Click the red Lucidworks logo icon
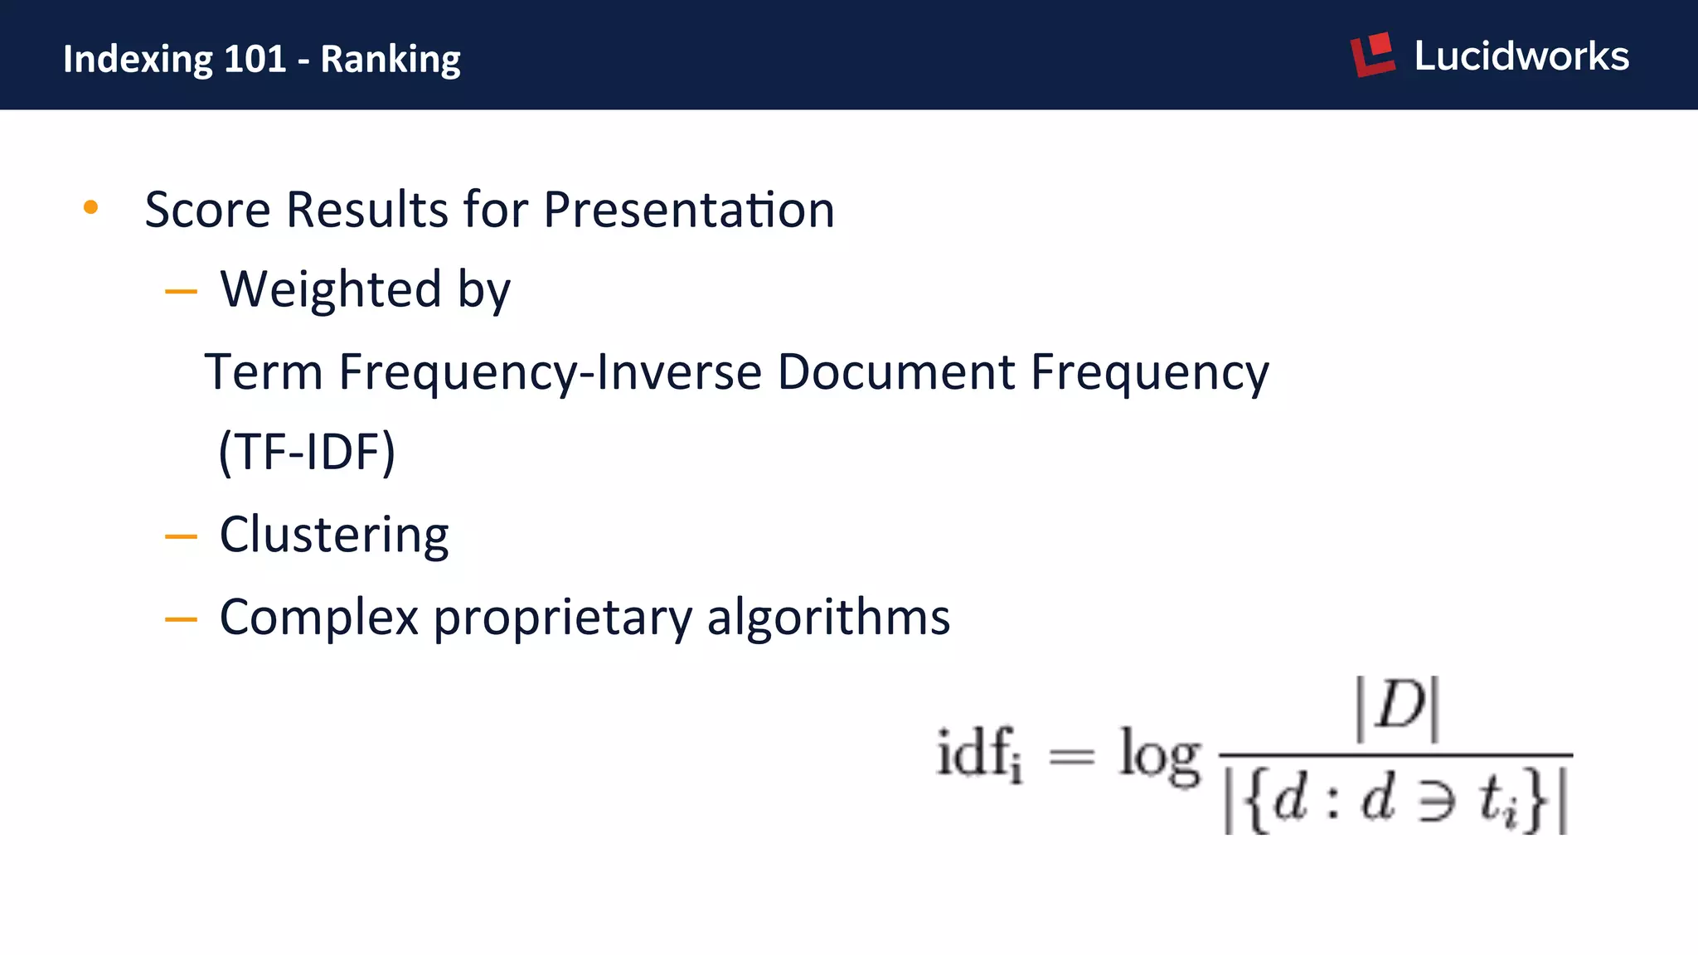tap(1373, 55)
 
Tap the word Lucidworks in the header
tap(1521, 56)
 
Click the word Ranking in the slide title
tap(391, 60)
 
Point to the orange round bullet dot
tap(91, 207)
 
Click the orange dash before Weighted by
tap(181, 292)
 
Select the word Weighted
tap(330, 290)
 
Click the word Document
tap(895, 371)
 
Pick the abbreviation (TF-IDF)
tap(307, 452)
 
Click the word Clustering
tap(334, 535)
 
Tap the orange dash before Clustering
tap(181, 537)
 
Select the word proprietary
tap(562, 618)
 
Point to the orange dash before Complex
tap(181, 619)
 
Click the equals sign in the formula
tap(1071, 755)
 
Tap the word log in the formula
tap(1159, 754)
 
